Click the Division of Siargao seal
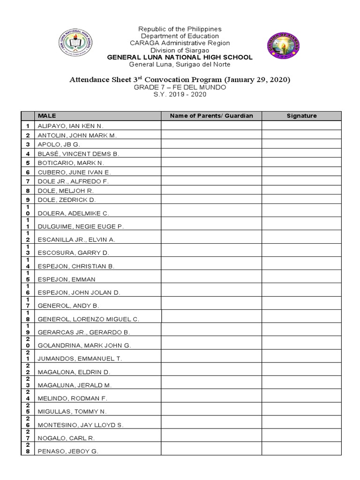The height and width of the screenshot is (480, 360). point(284,46)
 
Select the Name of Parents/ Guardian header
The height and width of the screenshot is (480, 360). point(211,116)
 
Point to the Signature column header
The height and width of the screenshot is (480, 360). point(301,116)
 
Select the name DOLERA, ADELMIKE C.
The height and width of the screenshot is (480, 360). point(73,213)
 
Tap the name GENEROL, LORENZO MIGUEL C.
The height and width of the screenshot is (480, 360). point(89,319)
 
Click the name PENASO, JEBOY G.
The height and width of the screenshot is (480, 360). point(68,451)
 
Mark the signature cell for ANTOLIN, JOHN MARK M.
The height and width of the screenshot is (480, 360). point(301,135)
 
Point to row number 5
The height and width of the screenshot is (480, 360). point(28,163)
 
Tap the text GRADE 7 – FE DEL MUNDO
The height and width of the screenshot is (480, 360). point(180,87)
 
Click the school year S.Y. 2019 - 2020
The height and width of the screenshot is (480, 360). point(180,94)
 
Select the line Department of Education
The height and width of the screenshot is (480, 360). point(180,36)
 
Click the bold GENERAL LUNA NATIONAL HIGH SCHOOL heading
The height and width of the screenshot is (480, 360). point(180,57)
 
